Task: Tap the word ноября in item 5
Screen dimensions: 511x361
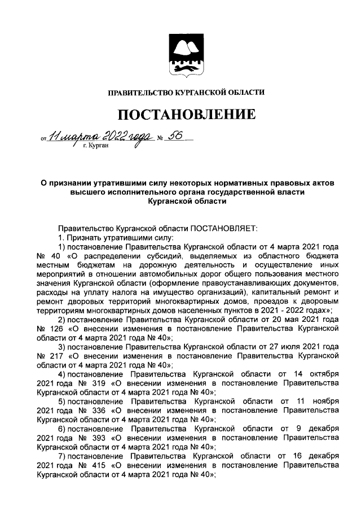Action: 323,401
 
